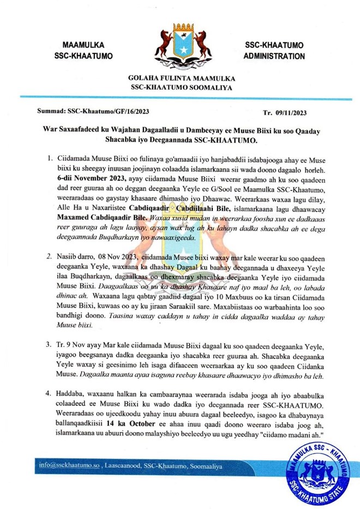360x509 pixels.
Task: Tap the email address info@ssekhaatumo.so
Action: pos(69,465)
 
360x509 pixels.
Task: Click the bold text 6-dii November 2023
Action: pos(90,178)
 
